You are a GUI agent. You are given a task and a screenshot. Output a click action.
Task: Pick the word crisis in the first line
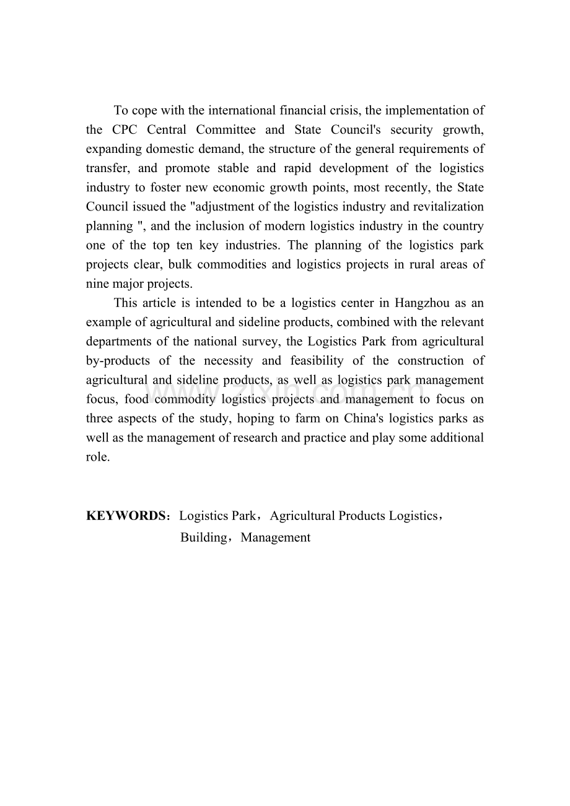346,110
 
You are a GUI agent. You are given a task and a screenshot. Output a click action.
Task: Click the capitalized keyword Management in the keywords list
276,537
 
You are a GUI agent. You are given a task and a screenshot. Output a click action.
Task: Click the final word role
97,457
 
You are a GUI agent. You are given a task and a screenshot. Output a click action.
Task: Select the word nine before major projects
97,284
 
